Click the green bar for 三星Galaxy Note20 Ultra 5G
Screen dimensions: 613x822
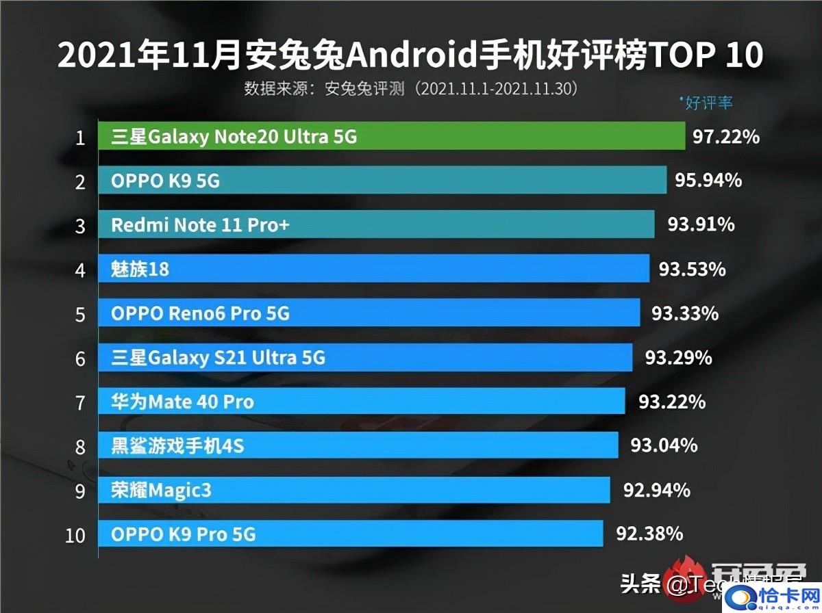391,136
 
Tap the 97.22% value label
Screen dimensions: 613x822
725,137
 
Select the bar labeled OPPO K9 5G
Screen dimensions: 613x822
382,181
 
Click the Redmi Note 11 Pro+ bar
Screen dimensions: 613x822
376,224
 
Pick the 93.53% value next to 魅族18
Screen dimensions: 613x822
692,269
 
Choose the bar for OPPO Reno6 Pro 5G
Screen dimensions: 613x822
369,313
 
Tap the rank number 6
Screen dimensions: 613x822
80,358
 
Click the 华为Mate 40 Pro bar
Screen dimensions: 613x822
362,402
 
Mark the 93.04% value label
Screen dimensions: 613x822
664,446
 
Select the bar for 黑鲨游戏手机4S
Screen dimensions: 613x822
358,446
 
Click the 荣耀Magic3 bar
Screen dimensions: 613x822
353,490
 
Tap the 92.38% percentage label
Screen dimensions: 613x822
649,533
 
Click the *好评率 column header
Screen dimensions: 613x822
706,103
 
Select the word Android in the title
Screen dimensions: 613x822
411,56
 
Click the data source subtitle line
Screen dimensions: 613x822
411,89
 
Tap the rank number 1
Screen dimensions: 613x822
80,138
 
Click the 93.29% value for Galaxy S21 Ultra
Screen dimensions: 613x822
678,358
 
